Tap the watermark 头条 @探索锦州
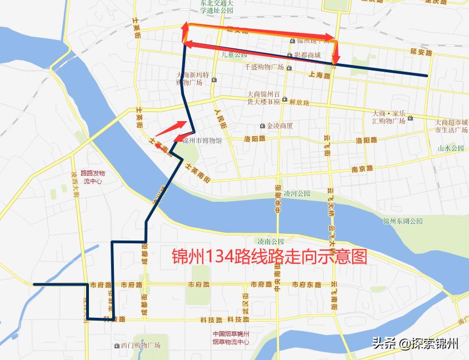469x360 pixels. [x=414, y=343]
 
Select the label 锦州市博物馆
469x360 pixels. [x=202, y=141]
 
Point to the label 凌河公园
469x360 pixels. [x=296, y=194]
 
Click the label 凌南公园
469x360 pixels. [x=271, y=241]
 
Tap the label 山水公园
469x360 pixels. [x=450, y=148]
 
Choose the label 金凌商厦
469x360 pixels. [x=280, y=126]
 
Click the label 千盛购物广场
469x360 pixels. [x=265, y=67]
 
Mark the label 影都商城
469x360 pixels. [x=307, y=55]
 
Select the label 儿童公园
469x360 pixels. [x=233, y=55]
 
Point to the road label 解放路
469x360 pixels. [x=299, y=103]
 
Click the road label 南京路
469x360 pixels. [x=362, y=168]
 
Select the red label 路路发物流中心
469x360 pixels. [x=92, y=177]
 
